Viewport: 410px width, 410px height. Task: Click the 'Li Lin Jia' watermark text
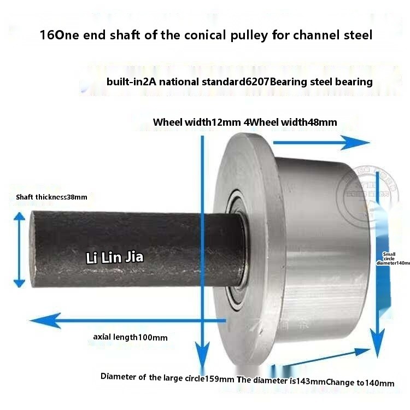click(x=115, y=257)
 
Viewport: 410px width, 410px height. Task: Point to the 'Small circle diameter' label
click(x=393, y=259)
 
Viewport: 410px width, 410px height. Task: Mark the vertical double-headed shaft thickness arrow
click(x=19, y=249)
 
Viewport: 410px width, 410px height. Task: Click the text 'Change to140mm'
click(x=360, y=383)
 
